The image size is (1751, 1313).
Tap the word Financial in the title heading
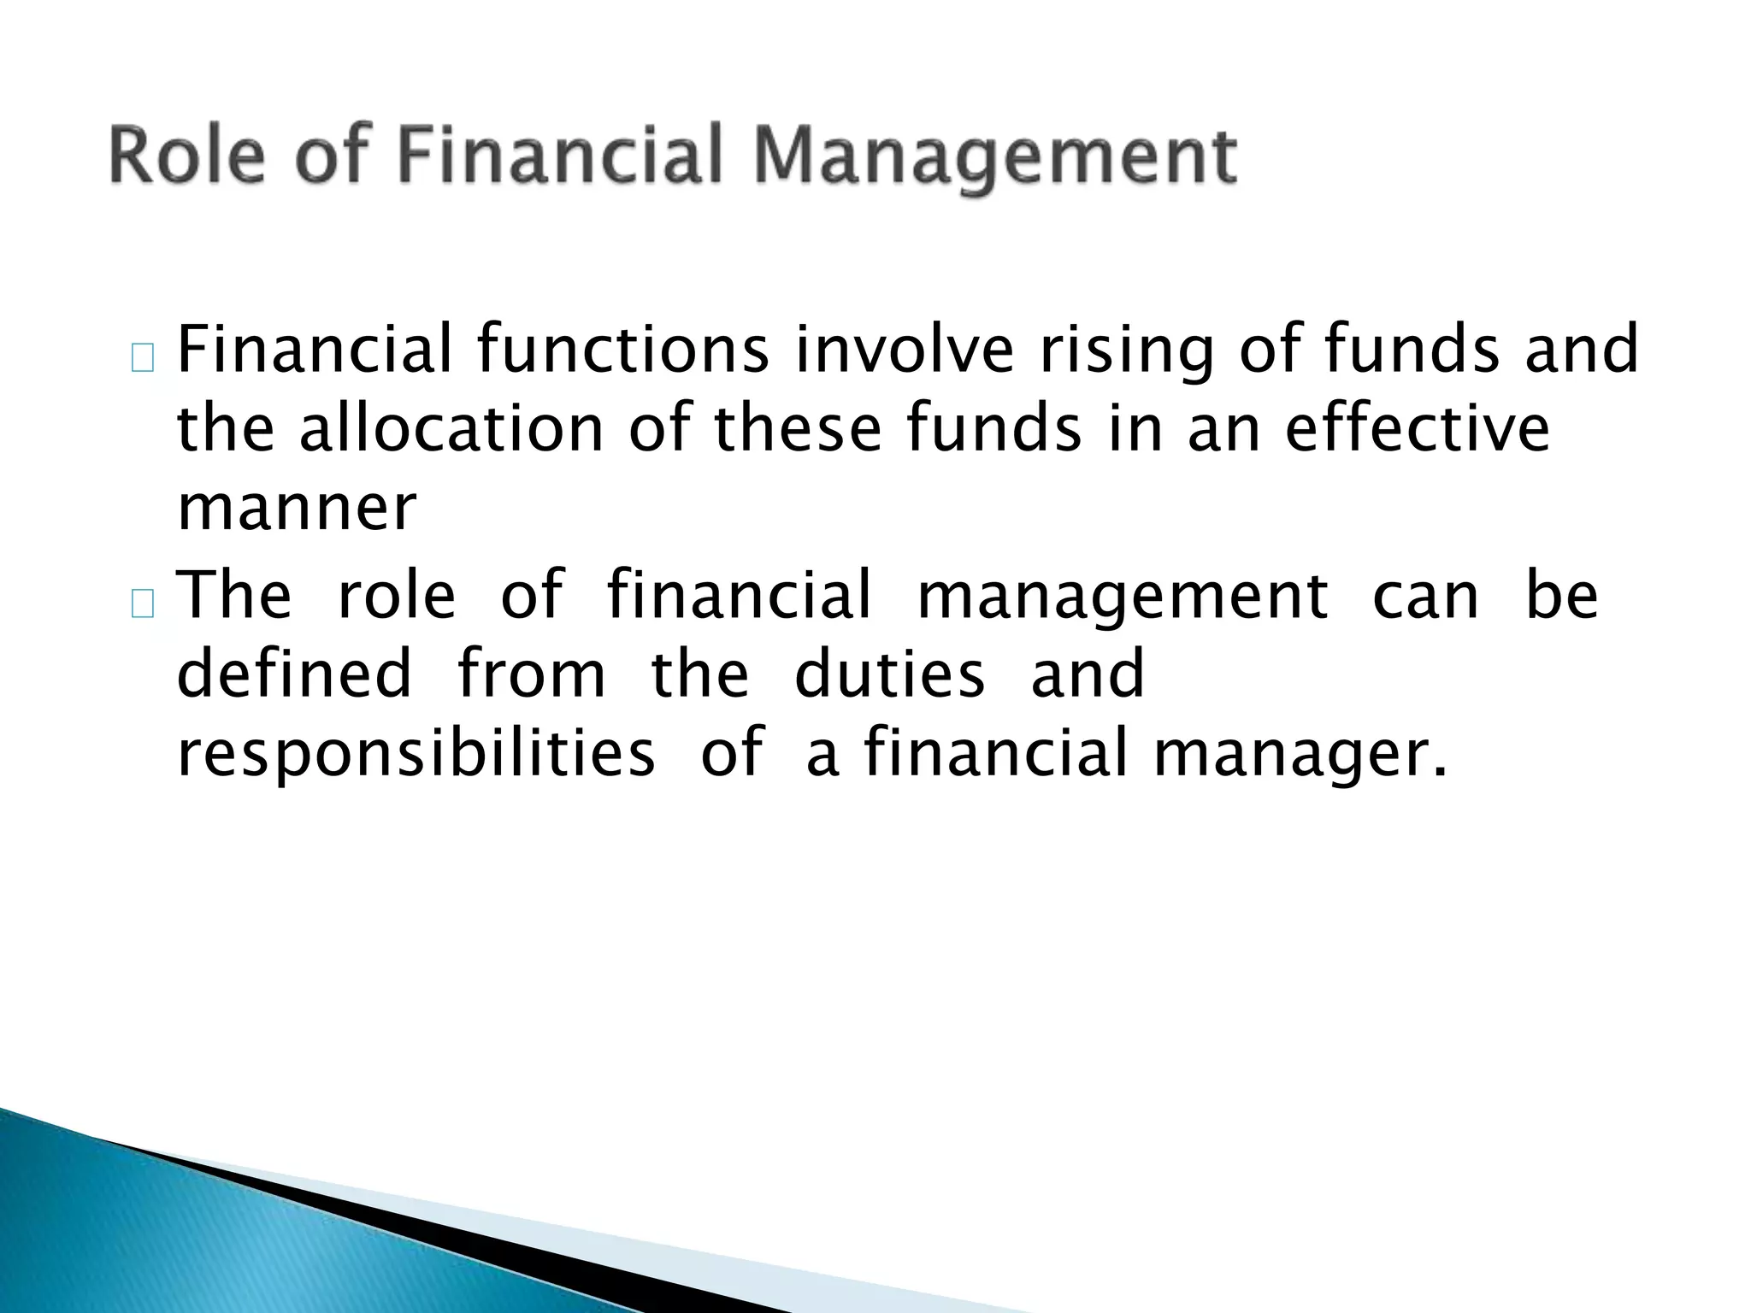tap(560, 156)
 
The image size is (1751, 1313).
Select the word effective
tap(1417, 429)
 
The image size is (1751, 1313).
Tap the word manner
tap(297, 509)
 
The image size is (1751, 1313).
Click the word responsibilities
tap(416, 755)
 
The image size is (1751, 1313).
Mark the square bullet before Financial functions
tap(143, 361)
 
